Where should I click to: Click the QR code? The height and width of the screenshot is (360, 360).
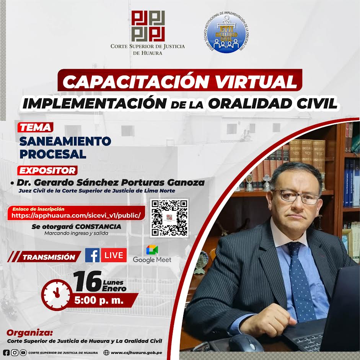(x=169, y=218)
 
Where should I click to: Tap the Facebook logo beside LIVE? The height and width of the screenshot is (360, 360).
(x=92, y=255)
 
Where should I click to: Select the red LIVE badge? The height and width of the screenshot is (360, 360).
(x=114, y=255)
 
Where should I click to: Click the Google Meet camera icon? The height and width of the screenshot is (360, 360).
(x=152, y=250)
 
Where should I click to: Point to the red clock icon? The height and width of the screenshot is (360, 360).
(x=57, y=295)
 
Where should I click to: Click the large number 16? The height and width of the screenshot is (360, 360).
(x=88, y=282)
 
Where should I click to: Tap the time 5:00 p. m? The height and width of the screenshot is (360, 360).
(x=99, y=300)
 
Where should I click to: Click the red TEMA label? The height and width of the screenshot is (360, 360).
(x=35, y=127)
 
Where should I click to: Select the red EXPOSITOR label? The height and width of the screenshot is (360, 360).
(x=47, y=170)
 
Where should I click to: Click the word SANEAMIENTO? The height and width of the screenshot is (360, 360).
(x=65, y=141)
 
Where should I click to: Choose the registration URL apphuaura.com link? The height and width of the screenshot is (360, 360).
(x=76, y=216)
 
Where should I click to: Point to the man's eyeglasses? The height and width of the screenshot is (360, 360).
(x=298, y=197)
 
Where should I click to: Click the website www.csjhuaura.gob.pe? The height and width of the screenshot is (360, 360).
(x=136, y=353)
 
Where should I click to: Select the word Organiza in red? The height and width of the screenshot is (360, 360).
(x=29, y=333)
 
